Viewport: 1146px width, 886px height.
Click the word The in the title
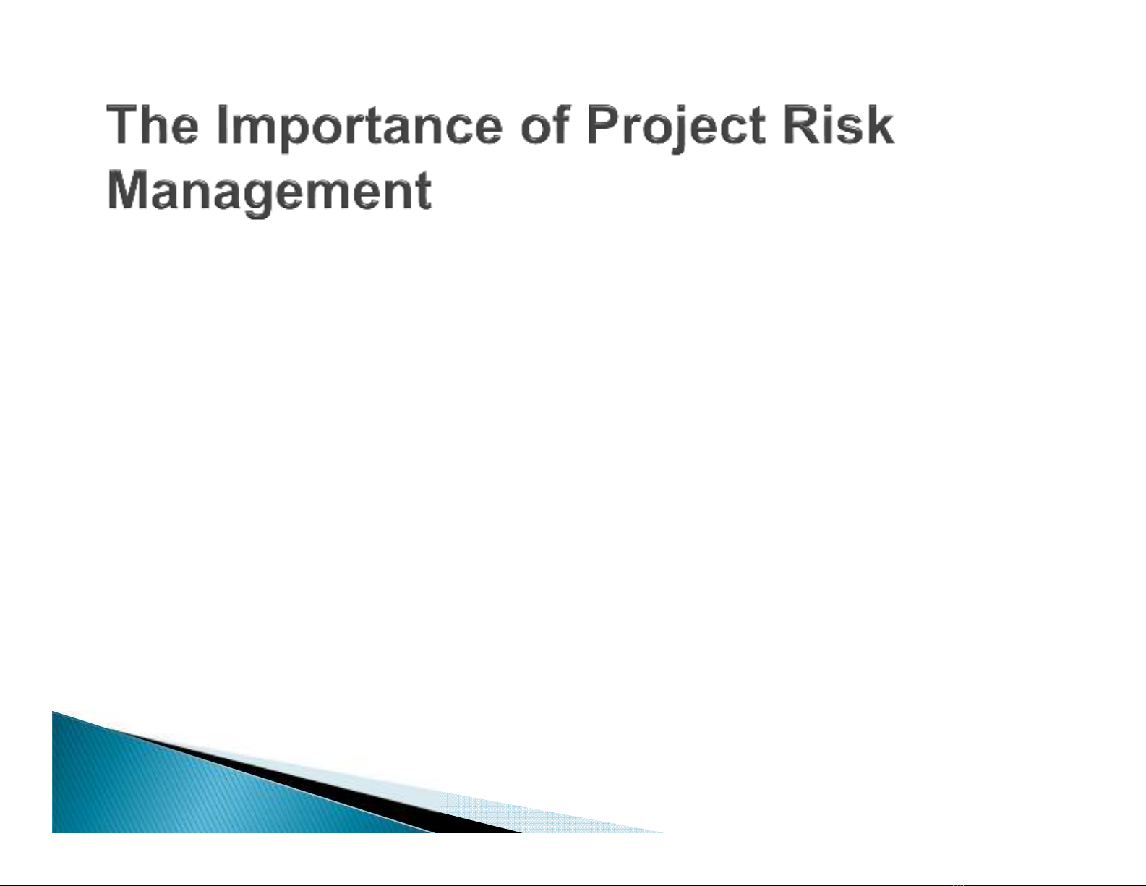153,124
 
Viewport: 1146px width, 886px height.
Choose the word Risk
839,124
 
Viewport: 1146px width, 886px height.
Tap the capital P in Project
604,124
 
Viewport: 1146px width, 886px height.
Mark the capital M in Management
128,189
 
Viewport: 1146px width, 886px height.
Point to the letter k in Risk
879,124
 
